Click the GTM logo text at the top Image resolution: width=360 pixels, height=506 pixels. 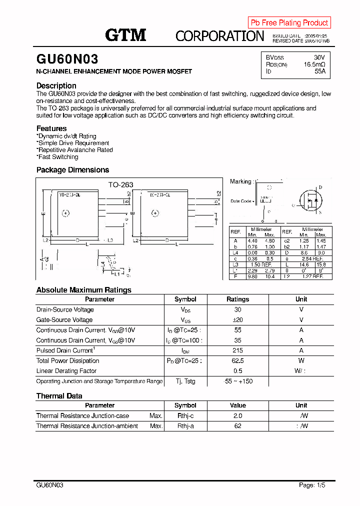click(x=125, y=35)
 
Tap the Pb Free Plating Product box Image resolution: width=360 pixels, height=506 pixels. click(x=289, y=22)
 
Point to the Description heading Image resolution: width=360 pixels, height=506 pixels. click(x=56, y=85)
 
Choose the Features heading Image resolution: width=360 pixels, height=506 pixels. click(x=51, y=128)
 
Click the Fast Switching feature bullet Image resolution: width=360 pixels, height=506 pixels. click(x=57, y=157)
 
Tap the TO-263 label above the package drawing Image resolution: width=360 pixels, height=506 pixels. click(x=121, y=185)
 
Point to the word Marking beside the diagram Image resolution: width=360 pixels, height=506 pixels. click(x=240, y=181)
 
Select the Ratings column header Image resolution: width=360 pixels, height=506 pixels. click(x=237, y=299)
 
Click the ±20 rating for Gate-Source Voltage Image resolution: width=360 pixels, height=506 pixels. click(x=237, y=320)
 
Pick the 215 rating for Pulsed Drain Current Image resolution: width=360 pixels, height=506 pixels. click(x=237, y=350)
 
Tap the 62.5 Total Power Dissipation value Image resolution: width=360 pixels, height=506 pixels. click(x=237, y=361)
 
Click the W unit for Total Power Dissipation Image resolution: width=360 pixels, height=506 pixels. click(x=301, y=361)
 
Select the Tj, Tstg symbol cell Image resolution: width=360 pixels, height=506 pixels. click(x=185, y=381)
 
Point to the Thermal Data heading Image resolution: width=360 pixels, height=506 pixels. click(x=59, y=396)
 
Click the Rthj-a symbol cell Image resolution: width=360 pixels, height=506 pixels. click(x=185, y=426)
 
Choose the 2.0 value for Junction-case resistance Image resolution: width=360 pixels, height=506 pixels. click(x=237, y=416)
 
